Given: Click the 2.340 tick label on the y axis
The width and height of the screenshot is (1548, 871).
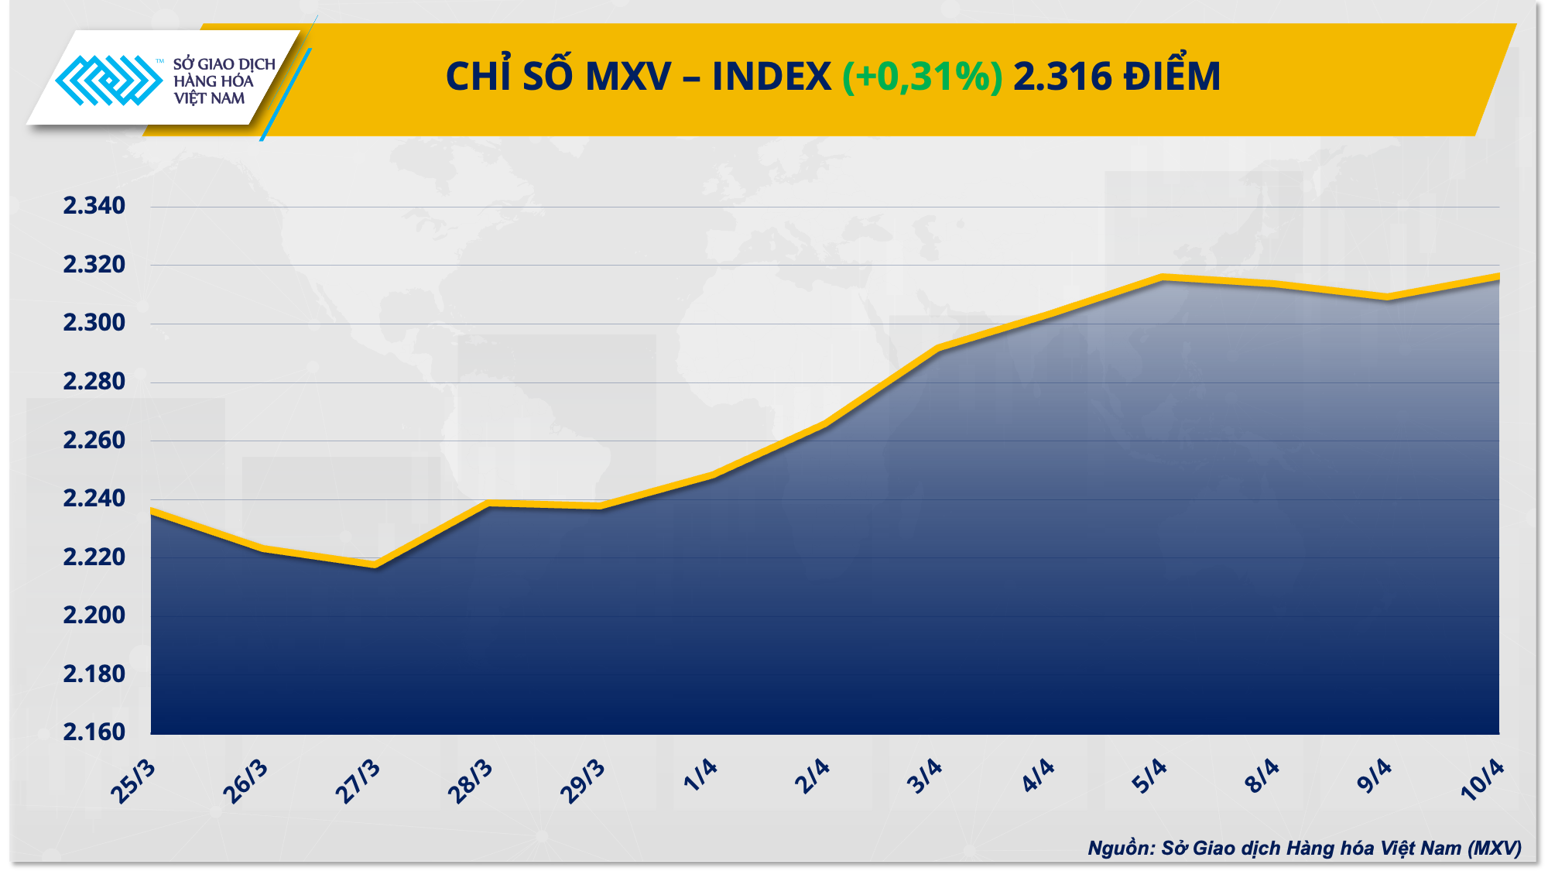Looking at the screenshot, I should click(94, 206).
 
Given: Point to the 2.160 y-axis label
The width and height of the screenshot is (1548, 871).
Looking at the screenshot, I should click(94, 732).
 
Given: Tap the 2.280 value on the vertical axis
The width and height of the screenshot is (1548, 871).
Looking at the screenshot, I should click(94, 382).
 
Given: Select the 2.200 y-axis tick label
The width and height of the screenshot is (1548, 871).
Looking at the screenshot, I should click(94, 616).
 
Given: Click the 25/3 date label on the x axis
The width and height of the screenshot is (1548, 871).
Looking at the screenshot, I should click(133, 782).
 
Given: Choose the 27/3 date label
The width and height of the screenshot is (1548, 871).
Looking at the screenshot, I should click(358, 782).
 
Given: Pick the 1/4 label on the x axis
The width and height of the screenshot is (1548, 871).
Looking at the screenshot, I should click(700, 776).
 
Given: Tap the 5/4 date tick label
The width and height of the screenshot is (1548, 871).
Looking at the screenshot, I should click(1149, 776).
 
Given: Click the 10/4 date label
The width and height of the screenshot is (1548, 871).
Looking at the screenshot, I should click(1481, 779).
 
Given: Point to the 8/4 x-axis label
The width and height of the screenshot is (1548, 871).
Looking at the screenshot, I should click(1262, 776).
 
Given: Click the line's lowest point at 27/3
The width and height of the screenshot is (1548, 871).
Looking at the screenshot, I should click(375, 564).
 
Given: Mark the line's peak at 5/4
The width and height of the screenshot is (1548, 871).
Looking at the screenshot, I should click(1162, 277).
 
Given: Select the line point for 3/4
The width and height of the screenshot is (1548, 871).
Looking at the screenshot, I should click(937, 349).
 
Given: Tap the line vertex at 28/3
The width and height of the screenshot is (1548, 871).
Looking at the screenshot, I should click(488, 503).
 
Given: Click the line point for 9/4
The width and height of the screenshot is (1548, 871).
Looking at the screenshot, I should click(1387, 297).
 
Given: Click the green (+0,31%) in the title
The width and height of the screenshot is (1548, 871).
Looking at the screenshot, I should click(922, 77).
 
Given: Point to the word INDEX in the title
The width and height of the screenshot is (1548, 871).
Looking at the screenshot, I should click(771, 77).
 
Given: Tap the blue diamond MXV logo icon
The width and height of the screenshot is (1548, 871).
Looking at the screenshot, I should click(108, 80).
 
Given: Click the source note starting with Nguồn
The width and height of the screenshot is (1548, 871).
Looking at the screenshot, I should click(1304, 848).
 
